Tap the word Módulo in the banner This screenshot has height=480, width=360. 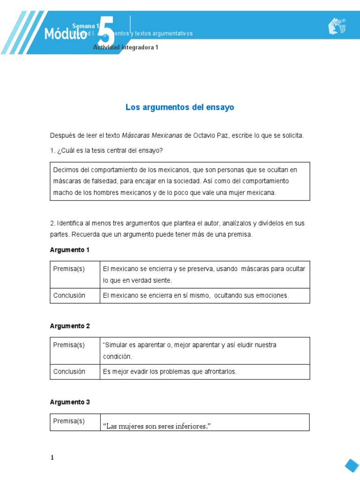coord(66,34)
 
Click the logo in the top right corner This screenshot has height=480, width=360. coord(337,26)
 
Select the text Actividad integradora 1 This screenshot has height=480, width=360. coord(126,48)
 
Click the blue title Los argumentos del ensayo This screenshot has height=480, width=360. coord(180,107)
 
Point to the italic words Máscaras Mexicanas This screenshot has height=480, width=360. coord(152,135)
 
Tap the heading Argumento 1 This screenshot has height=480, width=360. coord(69,250)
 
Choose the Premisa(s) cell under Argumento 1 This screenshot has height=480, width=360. coord(69,269)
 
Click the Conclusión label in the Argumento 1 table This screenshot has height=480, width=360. coord(69,295)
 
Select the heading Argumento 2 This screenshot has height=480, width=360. coord(69,326)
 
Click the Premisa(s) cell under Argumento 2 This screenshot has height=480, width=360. coord(69,345)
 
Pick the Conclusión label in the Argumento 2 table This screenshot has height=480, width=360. coord(69,372)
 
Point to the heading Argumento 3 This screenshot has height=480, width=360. coord(69,402)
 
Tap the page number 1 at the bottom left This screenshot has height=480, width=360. coord(53,458)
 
